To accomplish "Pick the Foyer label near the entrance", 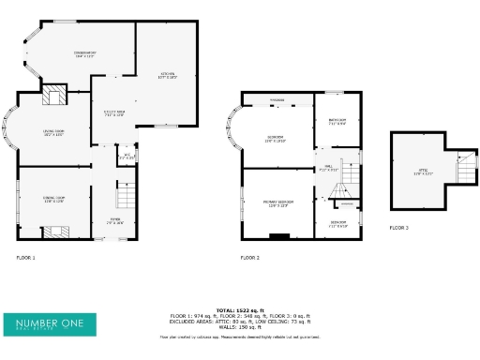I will (114, 222).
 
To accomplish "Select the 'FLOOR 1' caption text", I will (25, 257).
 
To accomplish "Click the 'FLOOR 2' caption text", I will (249, 257).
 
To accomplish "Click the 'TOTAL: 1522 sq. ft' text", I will (240, 309).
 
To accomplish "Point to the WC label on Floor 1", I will (124, 157).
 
